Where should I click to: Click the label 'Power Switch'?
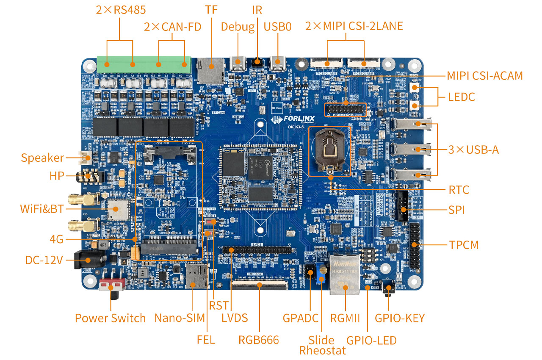(110, 318)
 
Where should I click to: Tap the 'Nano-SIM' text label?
(180, 318)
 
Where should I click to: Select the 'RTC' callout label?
(459, 189)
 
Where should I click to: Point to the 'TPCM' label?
(463, 244)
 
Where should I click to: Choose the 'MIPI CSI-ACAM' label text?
(485, 76)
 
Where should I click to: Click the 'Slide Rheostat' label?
(322, 345)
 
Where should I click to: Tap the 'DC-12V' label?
(44, 260)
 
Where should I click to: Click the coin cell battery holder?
(330, 150)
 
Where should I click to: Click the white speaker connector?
(86, 158)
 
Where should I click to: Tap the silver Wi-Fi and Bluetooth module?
(118, 209)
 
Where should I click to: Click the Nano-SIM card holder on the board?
(196, 275)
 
